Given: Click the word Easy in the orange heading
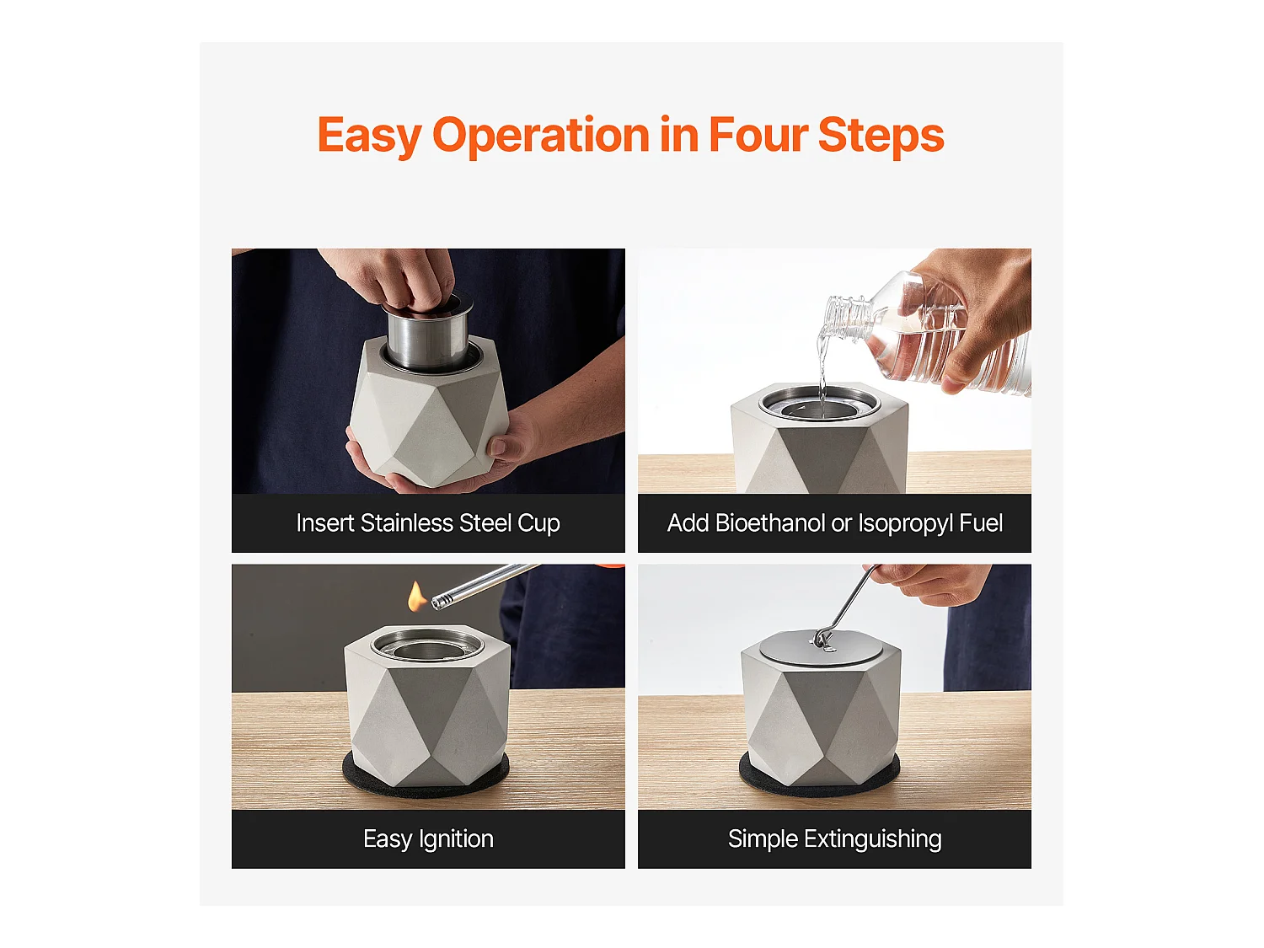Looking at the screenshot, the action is tap(369, 137).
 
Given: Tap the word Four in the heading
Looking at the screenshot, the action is tap(758, 136).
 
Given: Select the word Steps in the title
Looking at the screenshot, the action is tap(881, 137).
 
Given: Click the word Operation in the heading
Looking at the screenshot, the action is tap(541, 137).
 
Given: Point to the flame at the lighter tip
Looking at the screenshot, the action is tap(416, 597).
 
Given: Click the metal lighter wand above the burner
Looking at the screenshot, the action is tap(485, 585).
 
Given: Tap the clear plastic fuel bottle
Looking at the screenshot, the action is tap(927, 337).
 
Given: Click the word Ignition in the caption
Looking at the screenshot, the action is tap(456, 840).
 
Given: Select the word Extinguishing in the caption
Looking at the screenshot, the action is tap(872, 840).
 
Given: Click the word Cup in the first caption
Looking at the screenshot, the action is tap(538, 524).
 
